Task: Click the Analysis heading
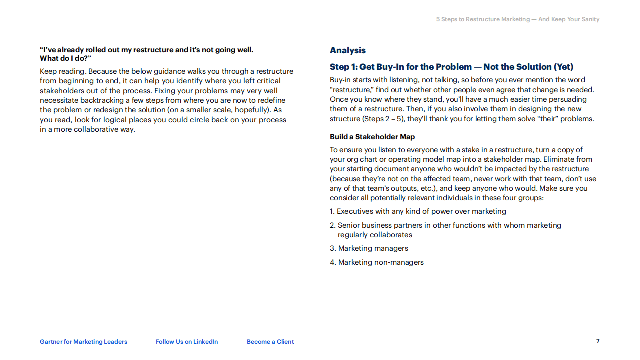(347, 50)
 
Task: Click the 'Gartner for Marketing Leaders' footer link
(83, 342)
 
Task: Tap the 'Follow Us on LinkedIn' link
(187, 342)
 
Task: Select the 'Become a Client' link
(270, 342)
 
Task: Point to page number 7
(598, 341)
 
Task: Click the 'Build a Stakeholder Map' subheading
(372, 137)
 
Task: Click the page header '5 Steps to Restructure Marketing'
(518, 19)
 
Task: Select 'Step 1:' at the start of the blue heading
(343, 67)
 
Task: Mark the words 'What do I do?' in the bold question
(65, 58)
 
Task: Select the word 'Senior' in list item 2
(348, 225)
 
